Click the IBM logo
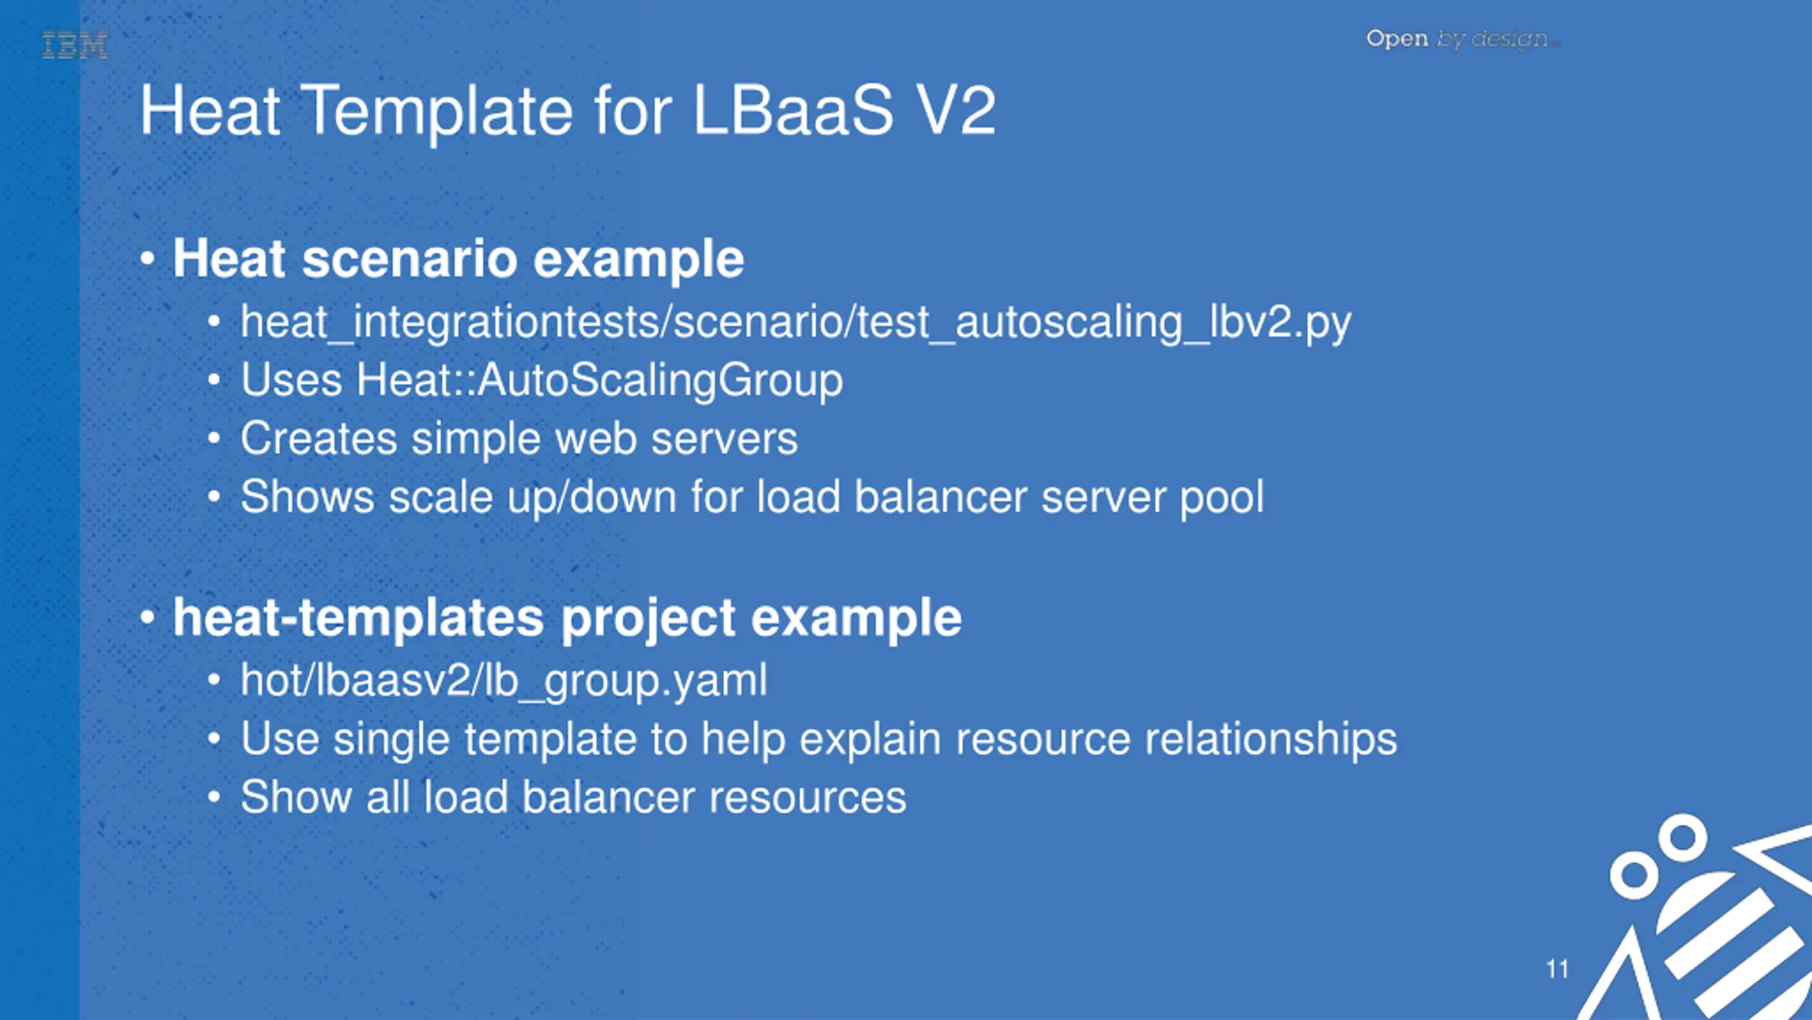[x=75, y=46]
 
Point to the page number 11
[x=1557, y=969]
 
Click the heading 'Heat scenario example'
[x=459, y=259]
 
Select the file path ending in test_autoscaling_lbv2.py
[x=796, y=322]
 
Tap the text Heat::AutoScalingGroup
[x=600, y=380]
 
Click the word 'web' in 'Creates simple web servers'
[x=596, y=438]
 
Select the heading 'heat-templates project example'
[x=567, y=618]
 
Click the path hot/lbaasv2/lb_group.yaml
[x=504, y=681]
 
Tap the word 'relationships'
[x=1271, y=739]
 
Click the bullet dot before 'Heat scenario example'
[x=147, y=259]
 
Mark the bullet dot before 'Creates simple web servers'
[x=214, y=439]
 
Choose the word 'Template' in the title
[x=439, y=110]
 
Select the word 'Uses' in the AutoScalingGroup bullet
[x=292, y=380]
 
